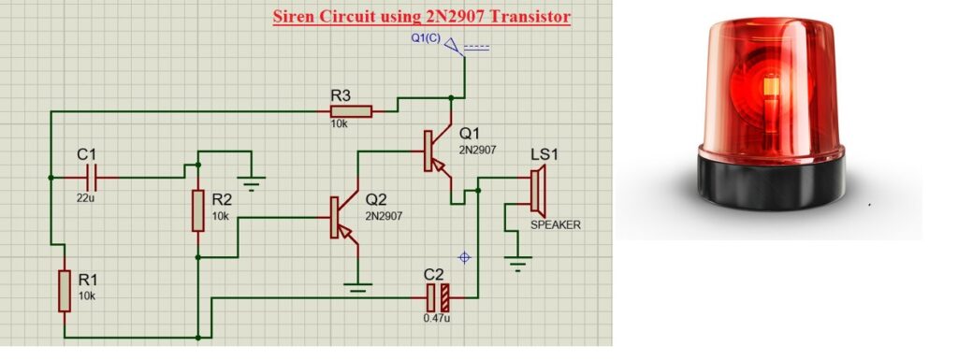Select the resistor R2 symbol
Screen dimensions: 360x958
(198, 210)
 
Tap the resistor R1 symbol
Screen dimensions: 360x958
(64, 290)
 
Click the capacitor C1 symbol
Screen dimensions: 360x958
(91, 176)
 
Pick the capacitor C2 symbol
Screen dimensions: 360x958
(438, 298)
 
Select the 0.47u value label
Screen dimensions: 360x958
(436, 320)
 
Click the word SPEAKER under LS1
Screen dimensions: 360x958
(556, 225)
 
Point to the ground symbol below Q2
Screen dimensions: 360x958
(357, 287)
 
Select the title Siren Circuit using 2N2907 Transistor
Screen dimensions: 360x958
(421, 17)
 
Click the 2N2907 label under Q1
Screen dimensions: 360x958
(477, 150)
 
